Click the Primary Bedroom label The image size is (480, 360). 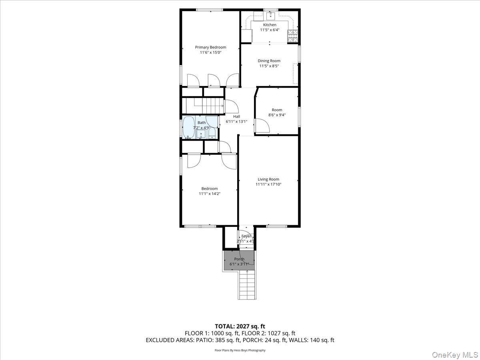click(x=210, y=47)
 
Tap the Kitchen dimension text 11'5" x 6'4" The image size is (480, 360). click(x=269, y=30)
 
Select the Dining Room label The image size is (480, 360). click(x=269, y=61)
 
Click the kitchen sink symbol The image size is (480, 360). click(x=270, y=16)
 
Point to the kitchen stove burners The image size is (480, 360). click(x=293, y=36)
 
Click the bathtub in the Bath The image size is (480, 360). click(x=188, y=127)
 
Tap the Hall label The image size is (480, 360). click(x=236, y=116)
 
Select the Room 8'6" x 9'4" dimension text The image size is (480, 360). click(x=277, y=115)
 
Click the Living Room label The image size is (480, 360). click(x=268, y=179)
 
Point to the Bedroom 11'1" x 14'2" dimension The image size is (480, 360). click(x=210, y=194)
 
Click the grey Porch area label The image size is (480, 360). click(x=239, y=259)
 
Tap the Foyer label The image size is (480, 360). click(x=246, y=236)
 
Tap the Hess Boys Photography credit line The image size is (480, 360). click(x=240, y=350)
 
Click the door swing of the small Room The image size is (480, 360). click(x=262, y=127)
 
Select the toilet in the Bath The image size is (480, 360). click(x=212, y=134)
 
